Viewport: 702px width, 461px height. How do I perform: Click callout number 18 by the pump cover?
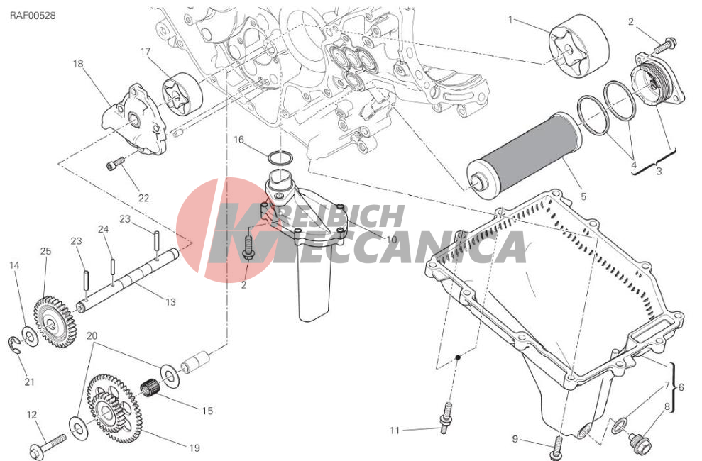point(77,64)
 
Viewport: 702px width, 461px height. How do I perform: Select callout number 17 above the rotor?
point(145,52)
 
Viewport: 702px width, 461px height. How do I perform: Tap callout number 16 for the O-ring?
point(239,140)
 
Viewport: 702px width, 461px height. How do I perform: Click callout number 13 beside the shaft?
point(170,302)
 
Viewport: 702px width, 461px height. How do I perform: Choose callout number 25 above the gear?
point(45,252)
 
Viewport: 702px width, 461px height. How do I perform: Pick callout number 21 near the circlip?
point(29,382)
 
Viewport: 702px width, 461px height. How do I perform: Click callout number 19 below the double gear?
point(193,448)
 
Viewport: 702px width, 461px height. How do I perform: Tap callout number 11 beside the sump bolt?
point(395,430)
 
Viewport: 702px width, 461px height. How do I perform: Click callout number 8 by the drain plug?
point(667,407)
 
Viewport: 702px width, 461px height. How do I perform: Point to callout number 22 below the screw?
point(143,197)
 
